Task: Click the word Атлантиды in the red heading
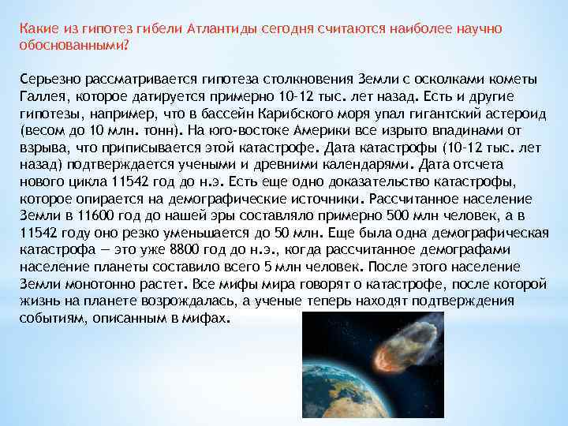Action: click(x=222, y=28)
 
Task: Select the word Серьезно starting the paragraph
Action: click(x=50, y=80)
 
